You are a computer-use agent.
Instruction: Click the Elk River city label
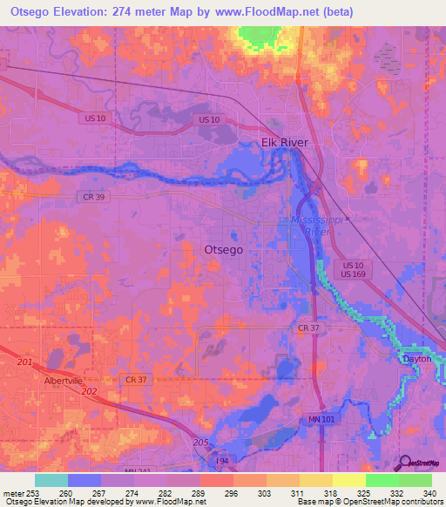tap(285, 143)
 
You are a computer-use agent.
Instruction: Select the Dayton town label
tap(416, 359)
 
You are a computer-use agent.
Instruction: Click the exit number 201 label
tap(24, 362)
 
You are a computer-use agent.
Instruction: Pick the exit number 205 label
tap(199, 443)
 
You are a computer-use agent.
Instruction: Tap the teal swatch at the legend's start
tap(51, 480)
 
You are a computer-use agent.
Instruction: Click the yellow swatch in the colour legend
tap(348, 480)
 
